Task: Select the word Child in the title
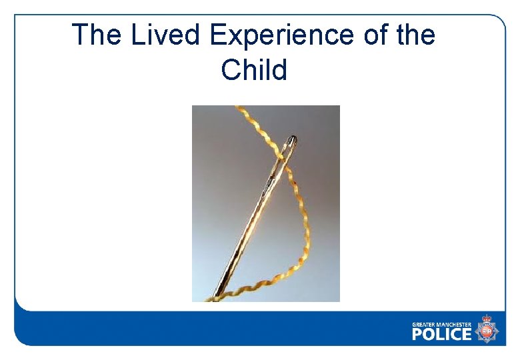(x=254, y=69)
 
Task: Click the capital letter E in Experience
(x=218, y=35)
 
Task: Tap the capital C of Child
(x=231, y=69)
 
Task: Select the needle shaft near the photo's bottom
(x=223, y=287)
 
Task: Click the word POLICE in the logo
(x=441, y=333)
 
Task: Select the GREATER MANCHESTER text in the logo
(x=441, y=325)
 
